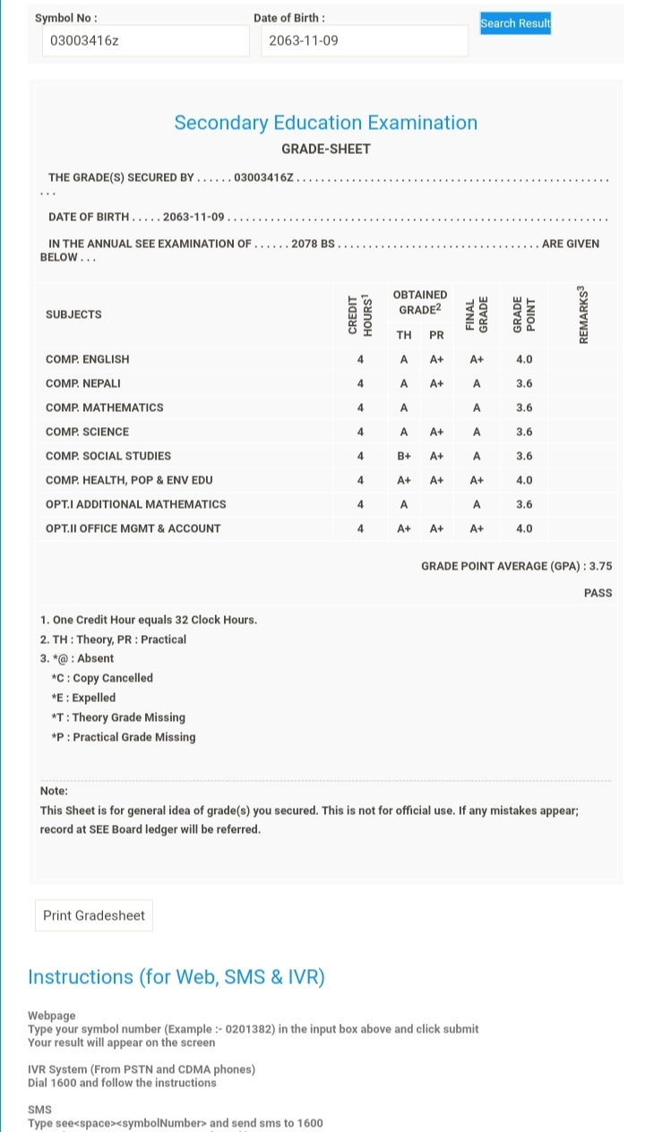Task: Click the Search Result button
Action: click(x=515, y=23)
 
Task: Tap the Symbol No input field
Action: click(x=145, y=41)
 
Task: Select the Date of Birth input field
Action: click(x=365, y=41)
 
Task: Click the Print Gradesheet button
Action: click(x=94, y=915)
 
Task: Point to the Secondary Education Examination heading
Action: click(x=325, y=123)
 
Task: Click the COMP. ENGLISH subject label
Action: click(x=87, y=359)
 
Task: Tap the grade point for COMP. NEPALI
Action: click(x=524, y=383)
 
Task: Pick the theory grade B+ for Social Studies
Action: click(x=404, y=456)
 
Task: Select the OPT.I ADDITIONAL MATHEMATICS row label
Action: click(x=135, y=504)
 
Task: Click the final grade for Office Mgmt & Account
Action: click(x=477, y=528)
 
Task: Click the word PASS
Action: click(x=598, y=593)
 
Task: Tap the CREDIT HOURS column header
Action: click(x=359, y=314)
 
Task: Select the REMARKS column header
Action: click(x=584, y=314)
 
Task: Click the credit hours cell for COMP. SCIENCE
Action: click(x=360, y=432)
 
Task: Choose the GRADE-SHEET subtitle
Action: click(x=325, y=149)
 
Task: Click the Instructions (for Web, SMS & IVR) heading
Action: click(x=176, y=977)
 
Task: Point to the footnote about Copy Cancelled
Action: click(x=102, y=678)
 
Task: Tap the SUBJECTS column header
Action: click(x=73, y=314)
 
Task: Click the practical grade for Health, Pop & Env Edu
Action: click(x=436, y=480)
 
